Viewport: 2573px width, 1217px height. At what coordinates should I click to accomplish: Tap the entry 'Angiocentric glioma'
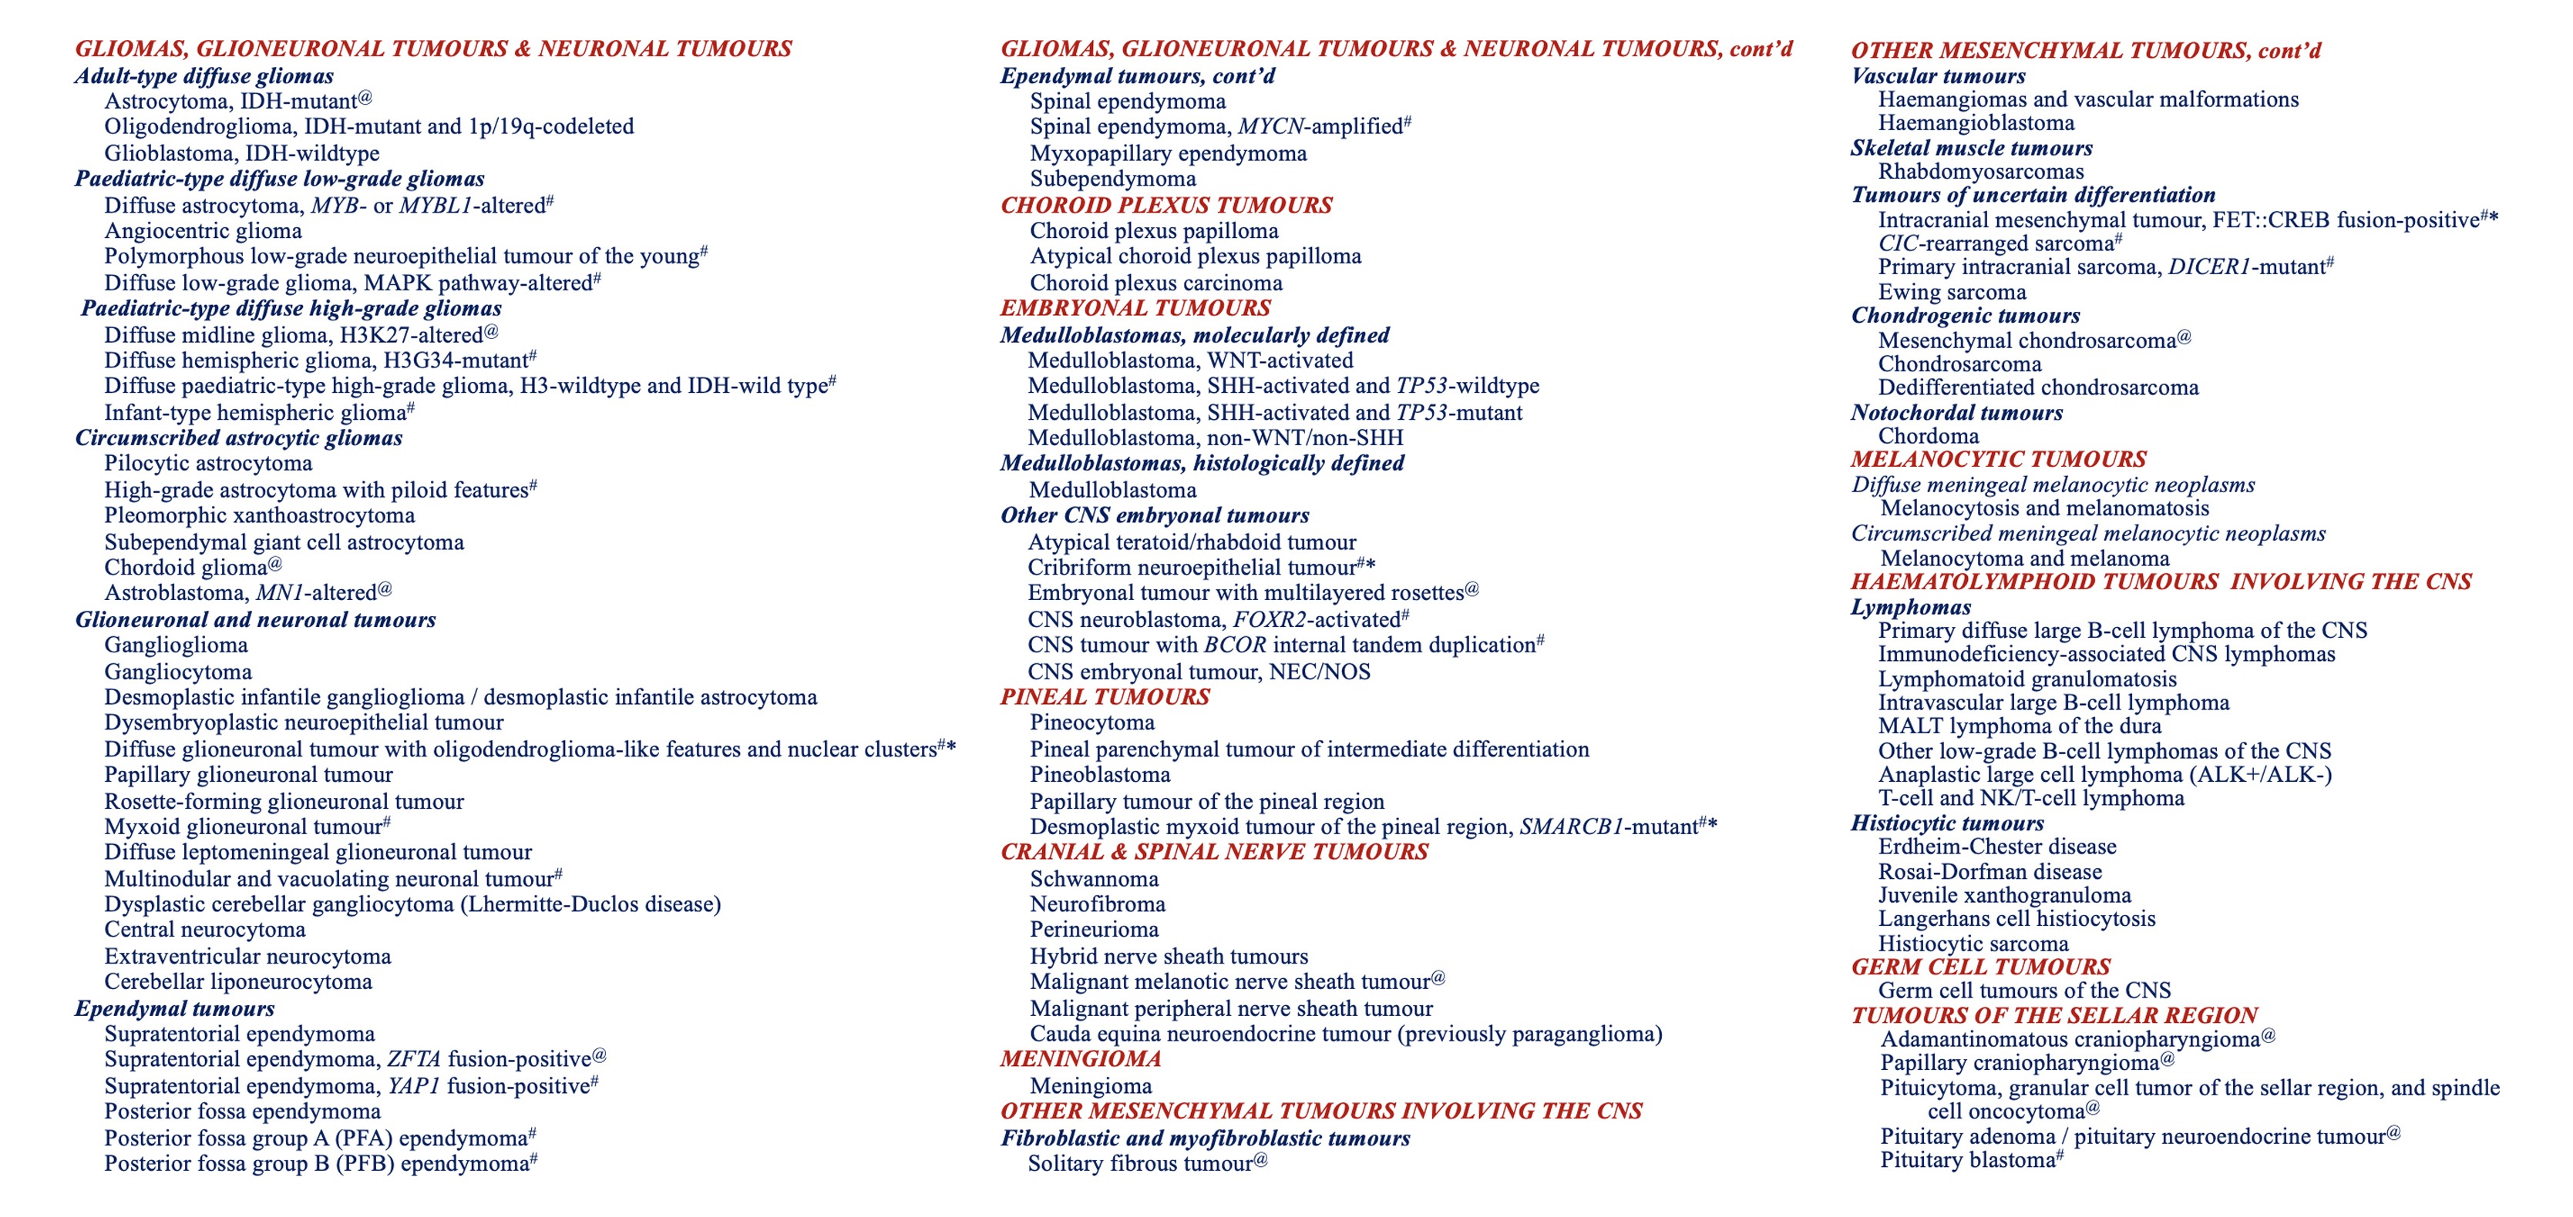(203, 230)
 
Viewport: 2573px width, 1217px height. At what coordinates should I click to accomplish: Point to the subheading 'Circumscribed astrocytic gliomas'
(239, 438)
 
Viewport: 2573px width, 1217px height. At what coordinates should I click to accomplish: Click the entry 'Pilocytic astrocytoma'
(208, 463)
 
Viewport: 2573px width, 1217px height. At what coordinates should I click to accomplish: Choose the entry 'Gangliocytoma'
(178, 672)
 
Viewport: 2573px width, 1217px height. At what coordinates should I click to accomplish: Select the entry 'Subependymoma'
(1113, 179)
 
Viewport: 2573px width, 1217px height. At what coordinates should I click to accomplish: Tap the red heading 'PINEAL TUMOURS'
(1105, 697)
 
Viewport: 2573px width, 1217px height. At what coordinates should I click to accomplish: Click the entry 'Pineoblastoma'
(1100, 775)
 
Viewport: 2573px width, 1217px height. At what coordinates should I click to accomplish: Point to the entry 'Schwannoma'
(1094, 880)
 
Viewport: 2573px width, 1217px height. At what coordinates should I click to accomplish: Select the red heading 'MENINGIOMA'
(1080, 1059)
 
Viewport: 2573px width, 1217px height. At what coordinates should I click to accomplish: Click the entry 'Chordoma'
(1928, 436)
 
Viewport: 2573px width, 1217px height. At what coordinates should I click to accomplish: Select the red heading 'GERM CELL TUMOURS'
(1979, 967)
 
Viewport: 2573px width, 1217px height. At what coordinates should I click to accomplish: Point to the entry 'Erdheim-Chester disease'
(1996, 847)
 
